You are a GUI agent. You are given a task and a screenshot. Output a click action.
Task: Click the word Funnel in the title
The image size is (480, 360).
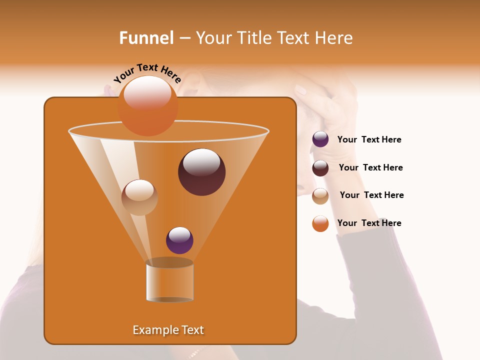pos(146,38)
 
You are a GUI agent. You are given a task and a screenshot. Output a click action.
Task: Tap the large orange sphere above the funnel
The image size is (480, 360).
pos(147,106)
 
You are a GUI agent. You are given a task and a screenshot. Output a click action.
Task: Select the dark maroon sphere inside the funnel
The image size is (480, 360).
pos(201,172)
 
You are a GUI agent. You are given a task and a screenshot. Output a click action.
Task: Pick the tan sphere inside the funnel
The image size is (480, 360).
pos(139,197)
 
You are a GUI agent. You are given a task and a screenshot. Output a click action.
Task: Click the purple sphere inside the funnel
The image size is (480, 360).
pos(179,240)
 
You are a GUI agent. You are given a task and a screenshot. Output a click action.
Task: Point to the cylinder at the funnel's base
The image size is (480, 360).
pos(169,281)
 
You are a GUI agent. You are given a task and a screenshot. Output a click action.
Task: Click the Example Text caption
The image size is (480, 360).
pos(168,330)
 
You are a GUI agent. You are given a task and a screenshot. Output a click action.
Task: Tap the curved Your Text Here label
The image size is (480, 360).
pos(147,73)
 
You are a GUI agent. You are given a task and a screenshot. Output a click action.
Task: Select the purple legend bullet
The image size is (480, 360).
pos(320,139)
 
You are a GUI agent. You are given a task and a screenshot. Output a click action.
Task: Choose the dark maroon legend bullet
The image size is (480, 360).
pos(320,168)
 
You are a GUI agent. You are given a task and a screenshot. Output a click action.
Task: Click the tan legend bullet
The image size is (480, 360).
pos(320,196)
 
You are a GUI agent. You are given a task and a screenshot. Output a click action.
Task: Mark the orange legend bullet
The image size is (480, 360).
pos(320,223)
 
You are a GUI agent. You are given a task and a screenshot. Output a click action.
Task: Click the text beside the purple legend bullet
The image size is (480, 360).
pos(369,140)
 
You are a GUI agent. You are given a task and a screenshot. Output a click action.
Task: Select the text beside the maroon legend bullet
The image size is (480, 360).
pos(370,168)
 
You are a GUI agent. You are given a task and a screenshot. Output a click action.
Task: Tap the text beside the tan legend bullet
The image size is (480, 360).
pos(371,195)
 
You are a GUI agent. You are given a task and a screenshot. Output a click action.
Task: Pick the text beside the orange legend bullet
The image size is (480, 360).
pos(369,223)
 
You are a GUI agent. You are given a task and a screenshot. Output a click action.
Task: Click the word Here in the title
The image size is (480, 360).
pos(334,38)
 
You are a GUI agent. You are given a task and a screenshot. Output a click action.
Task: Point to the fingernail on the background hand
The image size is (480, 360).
pos(301,90)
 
